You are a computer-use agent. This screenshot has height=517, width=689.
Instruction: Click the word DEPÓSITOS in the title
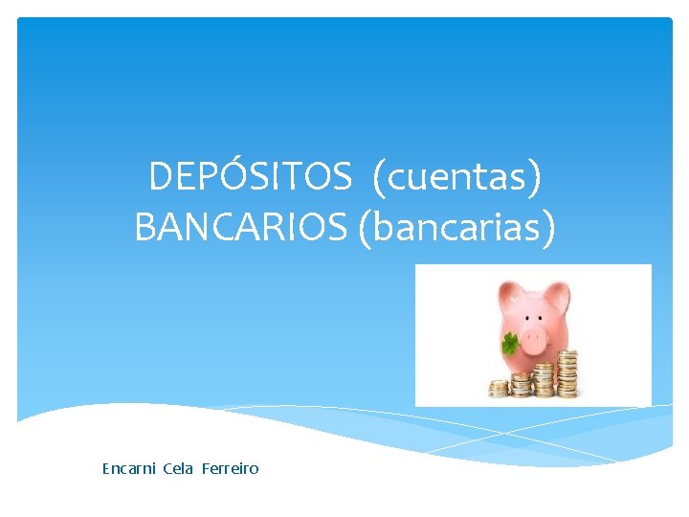(x=251, y=176)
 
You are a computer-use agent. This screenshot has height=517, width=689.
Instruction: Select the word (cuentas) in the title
(x=457, y=176)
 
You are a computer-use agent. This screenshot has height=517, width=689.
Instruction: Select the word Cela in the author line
(x=178, y=468)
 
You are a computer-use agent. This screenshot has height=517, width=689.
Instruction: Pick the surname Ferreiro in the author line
(x=230, y=468)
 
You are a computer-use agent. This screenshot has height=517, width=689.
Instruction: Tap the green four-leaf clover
(x=509, y=342)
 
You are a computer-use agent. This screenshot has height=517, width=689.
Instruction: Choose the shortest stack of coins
(x=499, y=389)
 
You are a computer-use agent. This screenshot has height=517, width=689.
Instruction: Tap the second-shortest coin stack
(x=521, y=384)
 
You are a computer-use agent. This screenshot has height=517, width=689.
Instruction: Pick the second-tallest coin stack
(x=545, y=377)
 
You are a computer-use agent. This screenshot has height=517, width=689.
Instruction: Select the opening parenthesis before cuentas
(x=379, y=177)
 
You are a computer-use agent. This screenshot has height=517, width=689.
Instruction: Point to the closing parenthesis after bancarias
(x=547, y=229)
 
